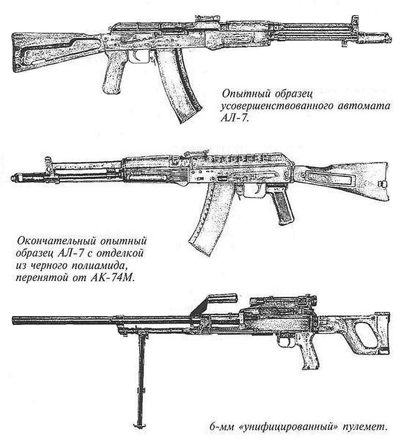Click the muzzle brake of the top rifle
(375, 38)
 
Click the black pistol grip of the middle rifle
(281, 205)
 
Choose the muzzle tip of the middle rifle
(13, 178)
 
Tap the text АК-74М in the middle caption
(113, 278)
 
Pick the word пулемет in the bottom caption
(365, 435)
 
